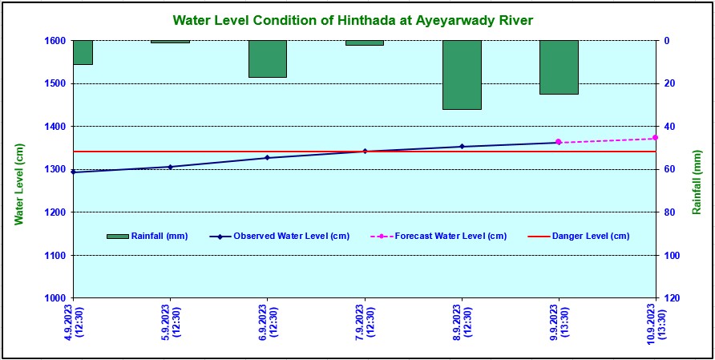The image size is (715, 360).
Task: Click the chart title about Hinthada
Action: click(x=353, y=19)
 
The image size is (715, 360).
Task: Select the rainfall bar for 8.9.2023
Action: click(x=462, y=75)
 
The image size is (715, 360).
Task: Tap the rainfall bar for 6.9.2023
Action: click(x=268, y=59)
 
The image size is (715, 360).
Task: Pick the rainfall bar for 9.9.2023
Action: click(x=559, y=67)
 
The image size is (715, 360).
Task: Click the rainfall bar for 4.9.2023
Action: click(x=83, y=52)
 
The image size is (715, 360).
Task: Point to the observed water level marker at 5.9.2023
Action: click(x=170, y=167)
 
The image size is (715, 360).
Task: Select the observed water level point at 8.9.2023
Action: click(x=462, y=147)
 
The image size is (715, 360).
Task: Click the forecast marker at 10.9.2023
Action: click(x=655, y=138)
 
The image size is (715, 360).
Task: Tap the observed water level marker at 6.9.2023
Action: click(x=268, y=158)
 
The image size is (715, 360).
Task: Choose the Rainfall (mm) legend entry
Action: click(x=147, y=236)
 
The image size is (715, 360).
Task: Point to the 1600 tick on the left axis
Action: click(x=57, y=41)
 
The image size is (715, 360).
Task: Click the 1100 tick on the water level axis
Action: click(x=57, y=255)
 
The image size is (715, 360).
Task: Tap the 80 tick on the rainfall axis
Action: click(x=669, y=212)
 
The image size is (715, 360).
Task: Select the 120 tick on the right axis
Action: click(x=671, y=298)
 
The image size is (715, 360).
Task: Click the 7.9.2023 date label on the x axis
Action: click(x=366, y=322)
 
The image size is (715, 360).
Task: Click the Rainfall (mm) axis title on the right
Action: click(x=697, y=181)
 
